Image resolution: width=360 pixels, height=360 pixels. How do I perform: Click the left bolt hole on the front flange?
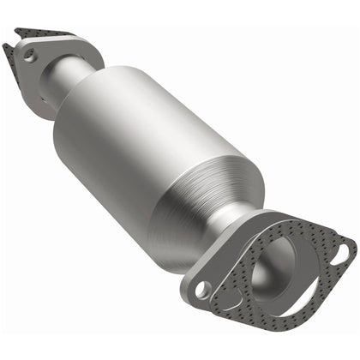203,291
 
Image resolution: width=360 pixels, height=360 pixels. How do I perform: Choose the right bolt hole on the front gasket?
343,251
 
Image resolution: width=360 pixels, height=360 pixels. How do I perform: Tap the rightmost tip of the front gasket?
354,249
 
